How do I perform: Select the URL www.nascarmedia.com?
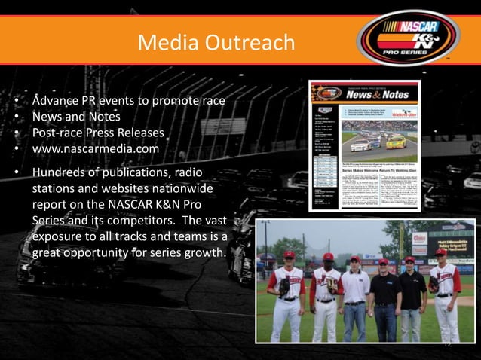click(x=95, y=149)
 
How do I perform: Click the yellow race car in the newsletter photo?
click(x=396, y=142)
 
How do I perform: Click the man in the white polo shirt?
click(x=354, y=294)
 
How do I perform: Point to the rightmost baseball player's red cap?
click(x=440, y=253)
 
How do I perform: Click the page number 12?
click(x=446, y=345)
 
